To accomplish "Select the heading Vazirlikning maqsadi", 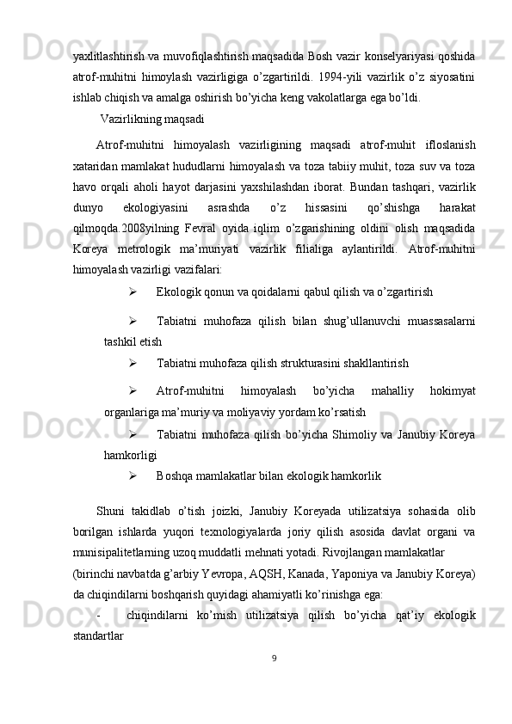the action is click(152, 118).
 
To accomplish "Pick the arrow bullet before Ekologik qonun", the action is click(133, 291).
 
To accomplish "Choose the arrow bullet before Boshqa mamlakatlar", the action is click(133, 475).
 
